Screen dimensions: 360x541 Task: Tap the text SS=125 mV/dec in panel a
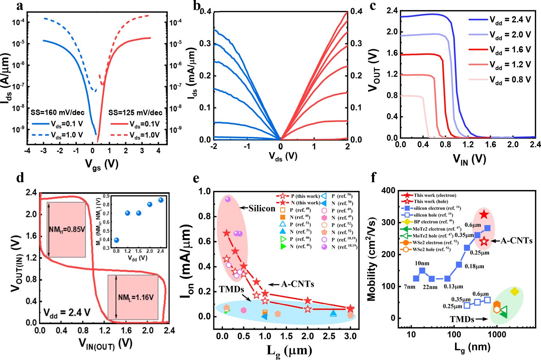[135, 113]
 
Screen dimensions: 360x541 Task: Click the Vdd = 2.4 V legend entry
[510, 20]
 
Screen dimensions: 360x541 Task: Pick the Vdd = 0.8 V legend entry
[510, 79]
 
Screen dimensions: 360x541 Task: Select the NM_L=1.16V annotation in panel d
[135, 297]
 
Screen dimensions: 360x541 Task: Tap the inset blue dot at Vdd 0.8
[117, 240]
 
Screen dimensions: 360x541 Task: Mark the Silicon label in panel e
[262, 208]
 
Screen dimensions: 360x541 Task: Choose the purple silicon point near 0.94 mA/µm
[228, 199]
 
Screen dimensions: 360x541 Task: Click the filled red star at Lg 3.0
[350, 309]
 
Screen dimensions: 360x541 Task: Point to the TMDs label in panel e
[231, 289]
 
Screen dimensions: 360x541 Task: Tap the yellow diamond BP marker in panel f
[514, 291]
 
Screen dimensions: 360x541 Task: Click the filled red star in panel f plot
[484, 214]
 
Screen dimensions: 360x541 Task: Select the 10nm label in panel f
[422, 263]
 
